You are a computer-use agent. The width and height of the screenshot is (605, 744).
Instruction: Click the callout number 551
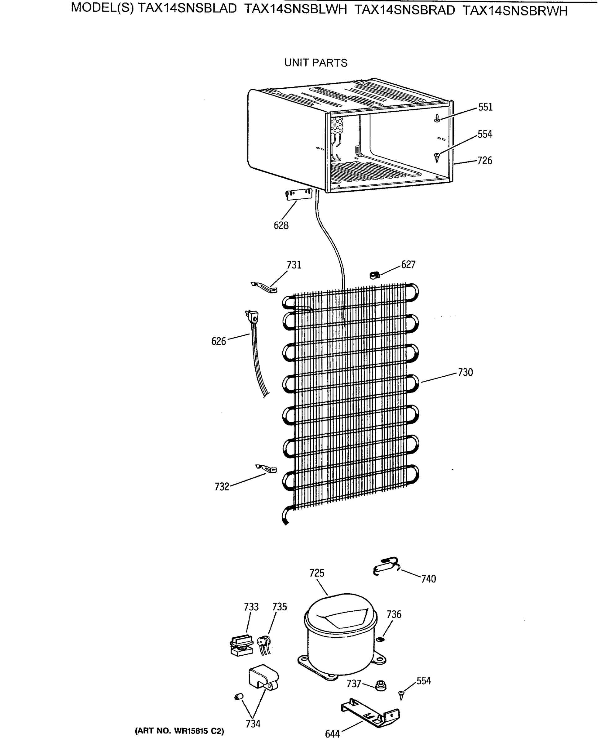tap(485, 107)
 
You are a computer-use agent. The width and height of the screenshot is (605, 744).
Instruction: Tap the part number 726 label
tap(484, 161)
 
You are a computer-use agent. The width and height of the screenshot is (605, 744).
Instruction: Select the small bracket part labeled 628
tap(299, 194)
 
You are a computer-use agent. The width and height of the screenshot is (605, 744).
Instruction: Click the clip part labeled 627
tap(374, 275)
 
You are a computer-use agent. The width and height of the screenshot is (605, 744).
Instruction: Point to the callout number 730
tap(465, 373)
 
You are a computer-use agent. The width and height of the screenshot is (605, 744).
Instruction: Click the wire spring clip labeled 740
tap(386, 566)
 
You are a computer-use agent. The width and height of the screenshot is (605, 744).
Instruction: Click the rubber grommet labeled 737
tap(381, 686)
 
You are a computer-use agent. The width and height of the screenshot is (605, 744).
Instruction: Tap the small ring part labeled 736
tap(381, 639)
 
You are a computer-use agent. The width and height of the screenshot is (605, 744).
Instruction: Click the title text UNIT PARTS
tap(316, 63)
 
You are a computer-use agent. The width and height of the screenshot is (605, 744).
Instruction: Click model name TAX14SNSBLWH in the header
tap(296, 10)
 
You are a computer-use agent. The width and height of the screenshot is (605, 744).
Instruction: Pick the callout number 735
tap(279, 607)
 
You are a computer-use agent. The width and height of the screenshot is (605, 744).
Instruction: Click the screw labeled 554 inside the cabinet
tap(437, 157)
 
